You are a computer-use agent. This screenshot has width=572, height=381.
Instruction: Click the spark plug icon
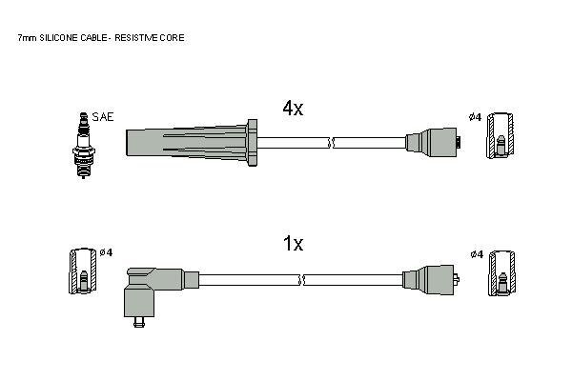(x=84, y=146)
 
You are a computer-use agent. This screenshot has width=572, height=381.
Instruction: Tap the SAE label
(x=103, y=117)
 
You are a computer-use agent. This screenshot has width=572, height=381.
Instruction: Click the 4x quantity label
(x=293, y=108)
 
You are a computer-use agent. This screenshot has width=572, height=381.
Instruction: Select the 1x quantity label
(x=294, y=243)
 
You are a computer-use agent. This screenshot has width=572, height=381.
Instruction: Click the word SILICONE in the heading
(x=59, y=37)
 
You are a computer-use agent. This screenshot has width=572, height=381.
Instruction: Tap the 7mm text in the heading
(x=28, y=37)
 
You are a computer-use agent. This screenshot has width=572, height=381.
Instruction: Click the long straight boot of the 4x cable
(x=187, y=143)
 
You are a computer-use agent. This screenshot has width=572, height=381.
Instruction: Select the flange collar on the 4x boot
(x=252, y=143)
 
